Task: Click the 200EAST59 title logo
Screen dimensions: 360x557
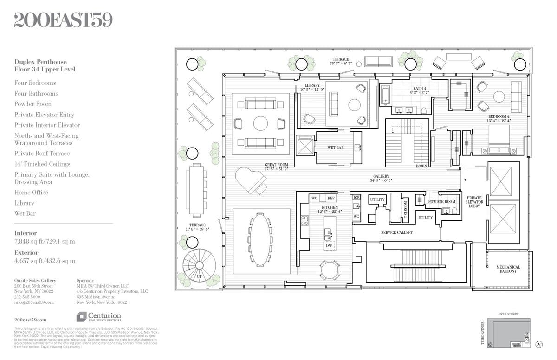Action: (x=63, y=20)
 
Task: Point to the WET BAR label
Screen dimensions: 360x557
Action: (x=335, y=148)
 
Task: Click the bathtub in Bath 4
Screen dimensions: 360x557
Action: (x=385, y=95)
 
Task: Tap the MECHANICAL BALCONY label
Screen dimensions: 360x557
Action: (x=508, y=270)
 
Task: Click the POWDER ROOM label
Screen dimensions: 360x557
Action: (x=441, y=202)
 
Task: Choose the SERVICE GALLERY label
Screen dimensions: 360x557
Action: (x=397, y=232)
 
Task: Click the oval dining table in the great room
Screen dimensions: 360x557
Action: (x=261, y=241)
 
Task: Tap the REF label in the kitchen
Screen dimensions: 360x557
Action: (x=331, y=198)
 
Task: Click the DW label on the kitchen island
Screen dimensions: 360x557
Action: (x=329, y=245)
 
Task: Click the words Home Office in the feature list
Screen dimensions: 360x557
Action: (x=31, y=193)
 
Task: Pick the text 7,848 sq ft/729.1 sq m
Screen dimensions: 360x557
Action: (x=45, y=241)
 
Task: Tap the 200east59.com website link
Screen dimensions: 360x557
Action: (x=30, y=320)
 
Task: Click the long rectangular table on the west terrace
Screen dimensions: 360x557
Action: (x=195, y=190)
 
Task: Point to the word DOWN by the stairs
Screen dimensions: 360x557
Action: (x=421, y=166)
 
